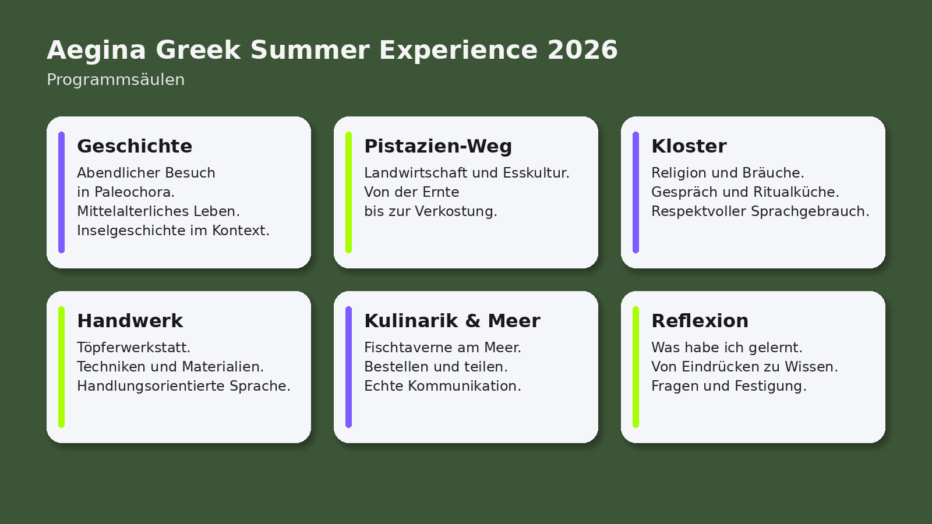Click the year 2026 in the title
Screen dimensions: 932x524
point(582,50)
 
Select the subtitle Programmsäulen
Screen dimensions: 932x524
point(116,79)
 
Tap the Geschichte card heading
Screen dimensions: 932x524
point(135,146)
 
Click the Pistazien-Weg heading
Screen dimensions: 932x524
point(438,146)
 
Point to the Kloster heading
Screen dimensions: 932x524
point(689,146)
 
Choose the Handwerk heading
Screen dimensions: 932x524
point(130,321)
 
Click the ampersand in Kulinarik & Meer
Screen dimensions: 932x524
point(472,321)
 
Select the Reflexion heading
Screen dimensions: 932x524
point(700,321)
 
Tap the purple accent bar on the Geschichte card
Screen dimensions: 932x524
point(62,192)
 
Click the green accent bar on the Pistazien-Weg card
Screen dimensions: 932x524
point(349,192)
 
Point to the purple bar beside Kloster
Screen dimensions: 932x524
point(636,192)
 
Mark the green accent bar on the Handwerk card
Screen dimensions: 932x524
point(62,367)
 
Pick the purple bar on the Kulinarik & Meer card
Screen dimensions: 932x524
point(349,367)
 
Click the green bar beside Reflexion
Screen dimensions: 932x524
point(636,367)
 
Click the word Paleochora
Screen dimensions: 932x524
point(135,192)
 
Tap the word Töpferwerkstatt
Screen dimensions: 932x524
point(133,347)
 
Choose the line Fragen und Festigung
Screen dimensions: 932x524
point(729,386)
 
